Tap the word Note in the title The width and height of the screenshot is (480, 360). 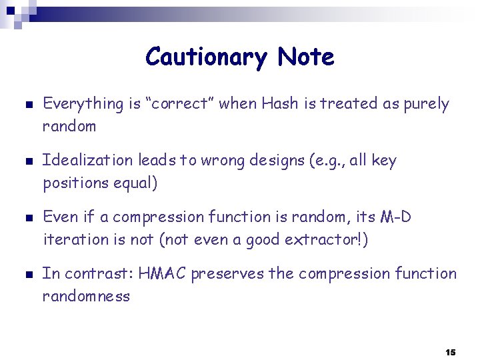(x=306, y=57)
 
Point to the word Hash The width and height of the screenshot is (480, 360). (x=280, y=103)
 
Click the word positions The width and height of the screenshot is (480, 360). (x=72, y=183)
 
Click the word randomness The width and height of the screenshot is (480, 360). (x=86, y=296)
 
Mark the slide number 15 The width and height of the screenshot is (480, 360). (x=450, y=351)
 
